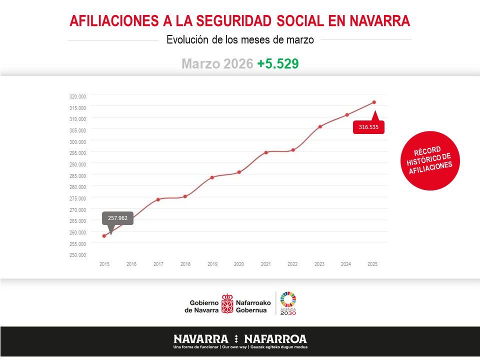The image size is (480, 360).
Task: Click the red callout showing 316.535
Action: pyautogui.click(x=368, y=127)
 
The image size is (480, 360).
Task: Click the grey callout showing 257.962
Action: pyautogui.click(x=118, y=218)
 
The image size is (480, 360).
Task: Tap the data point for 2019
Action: pyautogui.click(x=212, y=177)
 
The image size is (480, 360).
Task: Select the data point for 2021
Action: pyautogui.click(x=266, y=152)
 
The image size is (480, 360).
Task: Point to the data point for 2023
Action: pyautogui.click(x=320, y=126)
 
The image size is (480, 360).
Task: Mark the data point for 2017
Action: pyautogui.click(x=158, y=199)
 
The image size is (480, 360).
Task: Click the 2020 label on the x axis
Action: pyautogui.click(x=239, y=264)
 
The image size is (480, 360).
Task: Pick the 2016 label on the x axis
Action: pyautogui.click(x=131, y=264)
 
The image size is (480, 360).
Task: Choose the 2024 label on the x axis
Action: pyautogui.click(x=346, y=264)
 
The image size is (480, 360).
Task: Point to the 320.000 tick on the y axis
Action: pyautogui.click(x=77, y=96)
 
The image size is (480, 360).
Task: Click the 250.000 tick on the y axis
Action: pyautogui.click(x=77, y=255)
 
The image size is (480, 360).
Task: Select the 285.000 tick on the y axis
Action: pyautogui.click(x=77, y=176)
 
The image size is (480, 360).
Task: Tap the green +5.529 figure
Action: pyautogui.click(x=278, y=64)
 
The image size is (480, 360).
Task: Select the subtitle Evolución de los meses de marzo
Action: pyautogui.click(x=240, y=40)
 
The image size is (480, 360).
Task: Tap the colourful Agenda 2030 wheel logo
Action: pyautogui.click(x=288, y=299)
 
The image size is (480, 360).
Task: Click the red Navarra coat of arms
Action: pyautogui.click(x=227, y=303)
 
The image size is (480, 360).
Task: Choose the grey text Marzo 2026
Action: pyautogui.click(x=217, y=64)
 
